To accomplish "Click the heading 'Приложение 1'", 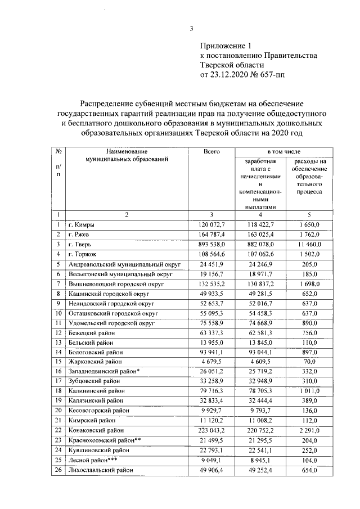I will tap(224, 46).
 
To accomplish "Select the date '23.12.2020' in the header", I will tap(231, 75).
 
